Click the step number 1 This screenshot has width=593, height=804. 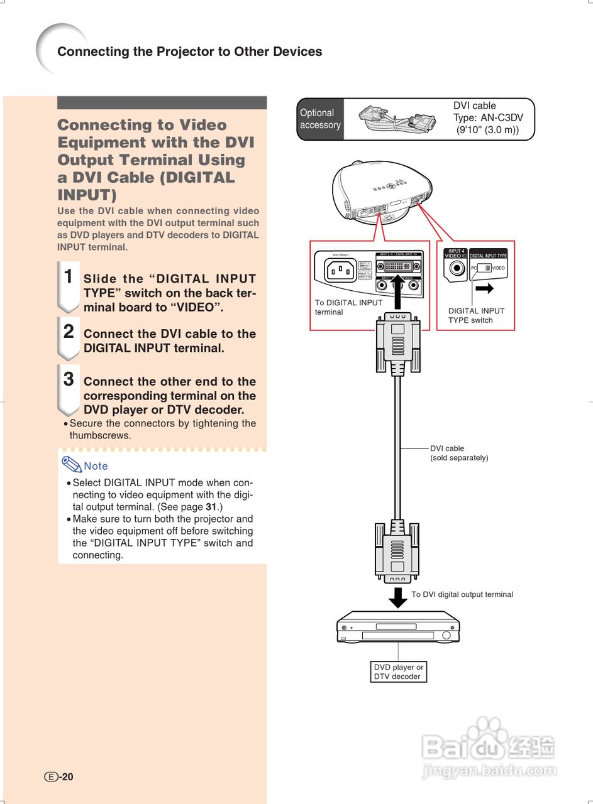click(69, 276)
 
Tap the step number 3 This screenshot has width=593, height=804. click(69, 379)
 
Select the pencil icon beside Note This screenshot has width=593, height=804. click(71, 464)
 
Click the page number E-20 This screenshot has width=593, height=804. click(59, 776)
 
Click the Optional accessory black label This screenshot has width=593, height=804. click(320, 119)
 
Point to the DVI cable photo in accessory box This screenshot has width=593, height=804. click(397, 118)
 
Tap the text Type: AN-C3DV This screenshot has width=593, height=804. click(488, 117)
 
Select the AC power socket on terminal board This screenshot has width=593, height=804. click(340, 270)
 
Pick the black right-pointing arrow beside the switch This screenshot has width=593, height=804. click(484, 288)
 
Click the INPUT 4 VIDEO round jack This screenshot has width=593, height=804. click(454, 269)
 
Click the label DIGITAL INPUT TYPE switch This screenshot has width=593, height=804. click(476, 315)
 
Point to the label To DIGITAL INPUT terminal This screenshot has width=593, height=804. click(348, 307)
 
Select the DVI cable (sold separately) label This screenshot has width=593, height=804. click(458, 453)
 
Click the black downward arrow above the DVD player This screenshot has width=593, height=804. click(398, 597)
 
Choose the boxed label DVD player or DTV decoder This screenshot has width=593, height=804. click(398, 671)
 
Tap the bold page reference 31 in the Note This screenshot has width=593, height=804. click(212, 506)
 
